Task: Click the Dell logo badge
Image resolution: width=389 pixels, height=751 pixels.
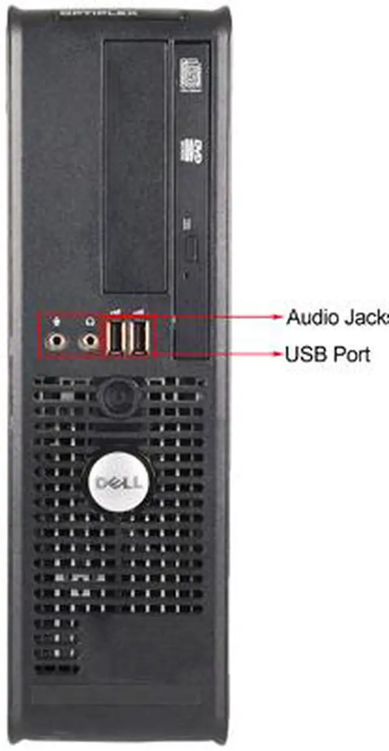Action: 119,483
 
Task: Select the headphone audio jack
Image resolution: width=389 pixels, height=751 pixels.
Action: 89,343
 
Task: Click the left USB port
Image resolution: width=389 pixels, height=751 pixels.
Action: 115,337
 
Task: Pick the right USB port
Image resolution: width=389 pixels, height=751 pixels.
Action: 139,337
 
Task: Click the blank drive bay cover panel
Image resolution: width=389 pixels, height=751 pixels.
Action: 135,164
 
